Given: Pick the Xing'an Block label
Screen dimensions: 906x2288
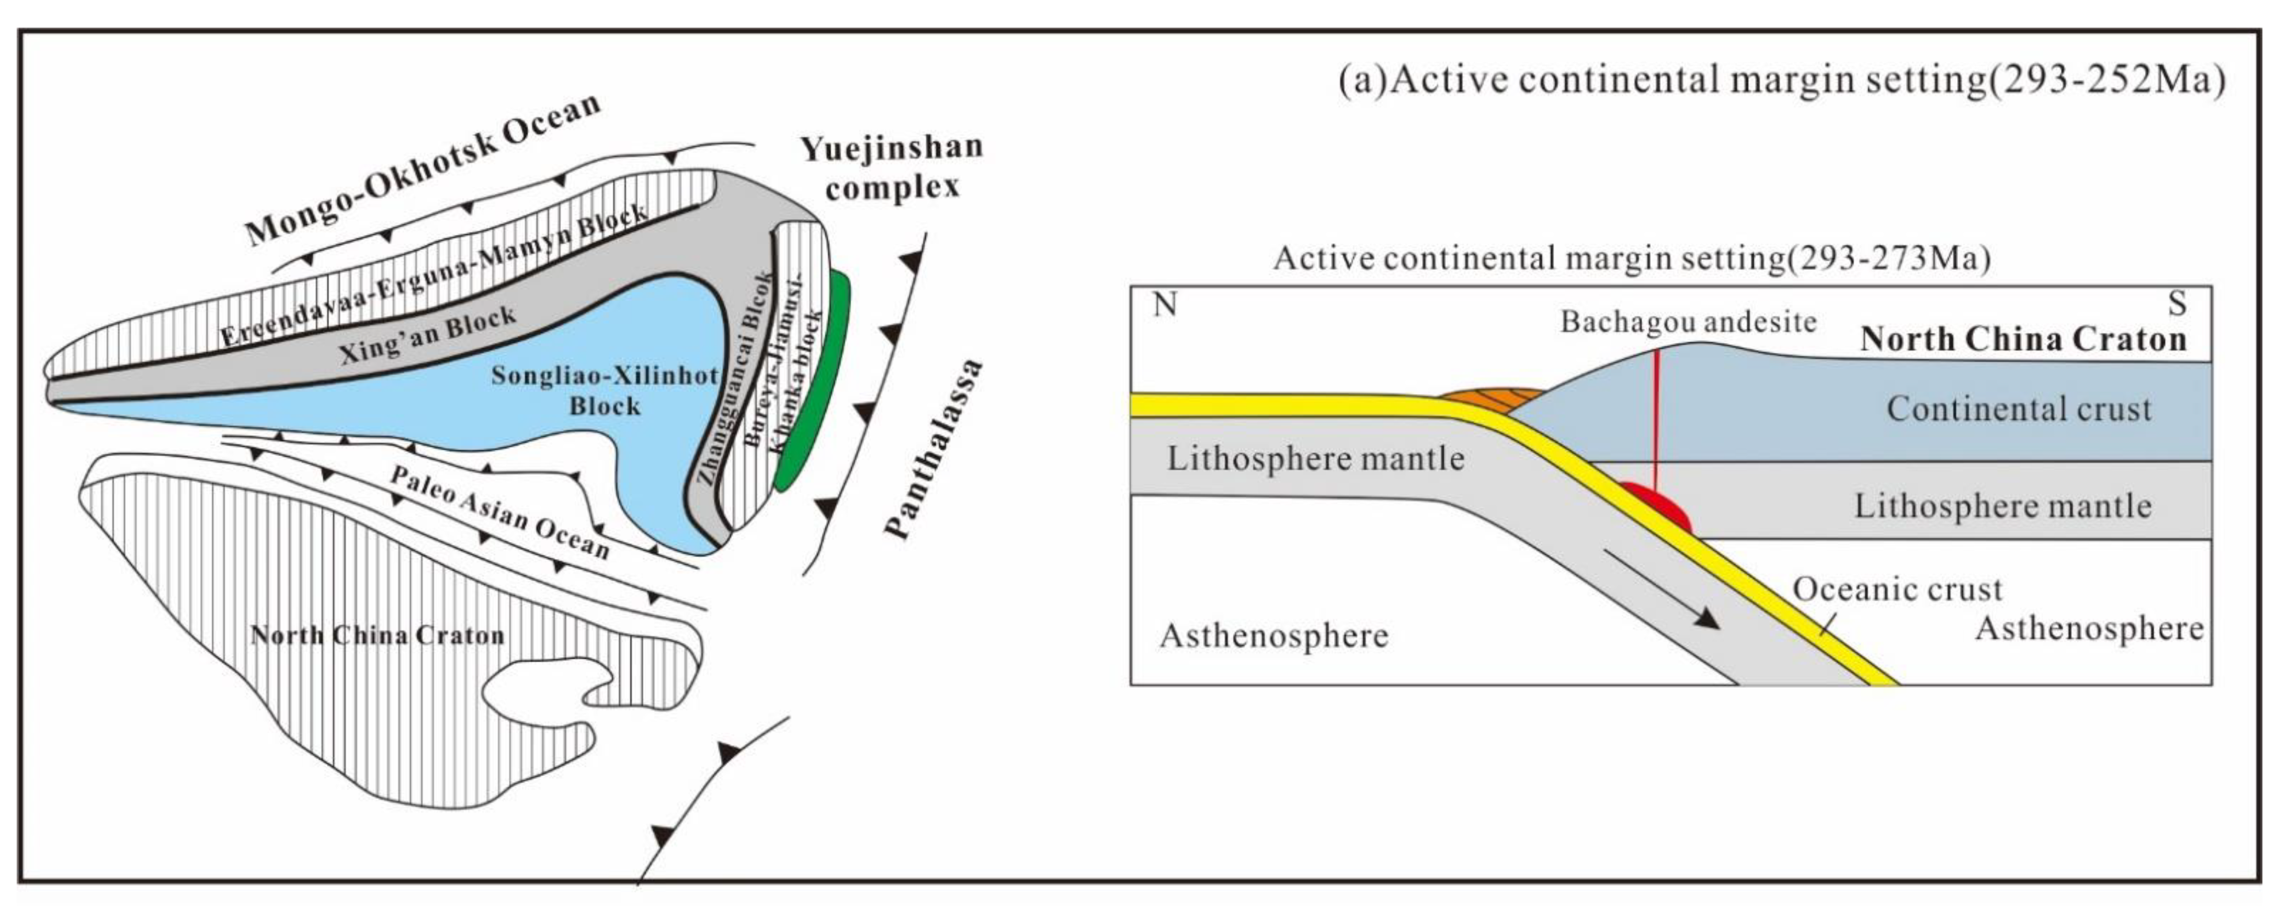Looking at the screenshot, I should [427, 336].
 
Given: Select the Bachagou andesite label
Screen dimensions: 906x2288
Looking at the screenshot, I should [1688, 321].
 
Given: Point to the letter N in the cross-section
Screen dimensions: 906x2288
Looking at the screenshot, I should [1164, 305].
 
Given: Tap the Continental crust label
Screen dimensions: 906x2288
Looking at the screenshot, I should [2019, 409].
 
